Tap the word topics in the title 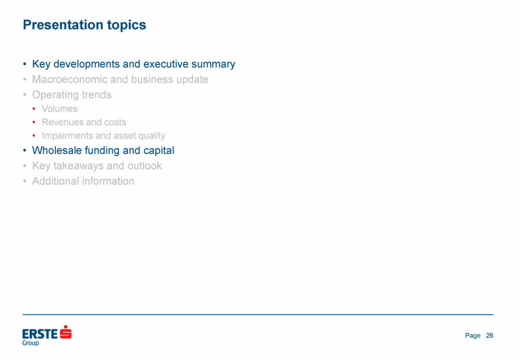coord(126,25)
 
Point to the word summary coord(213,64)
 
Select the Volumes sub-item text coord(60,109)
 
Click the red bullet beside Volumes coord(34,109)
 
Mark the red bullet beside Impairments coord(34,136)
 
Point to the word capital coord(159,151)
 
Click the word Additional coord(55,181)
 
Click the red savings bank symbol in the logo coord(66,332)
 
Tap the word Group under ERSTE coord(30,343)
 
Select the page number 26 coord(490,336)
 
